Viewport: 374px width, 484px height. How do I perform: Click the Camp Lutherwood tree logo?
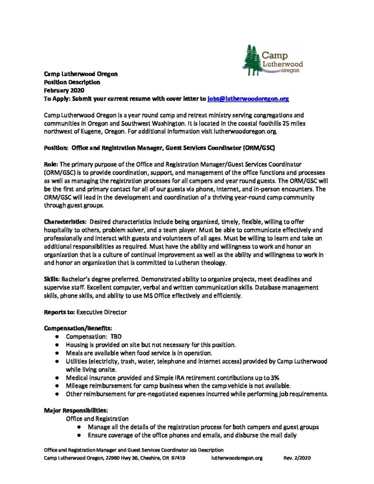coord(273,59)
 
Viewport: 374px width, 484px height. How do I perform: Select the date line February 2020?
coord(63,90)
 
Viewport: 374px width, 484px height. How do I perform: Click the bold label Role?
coord(52,163)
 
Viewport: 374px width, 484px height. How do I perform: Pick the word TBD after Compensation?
coord(116,337)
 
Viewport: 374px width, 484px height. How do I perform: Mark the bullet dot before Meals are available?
coord(57,353)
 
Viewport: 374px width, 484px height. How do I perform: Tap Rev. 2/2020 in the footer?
coord(296,458)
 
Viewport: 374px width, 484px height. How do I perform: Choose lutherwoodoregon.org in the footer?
coord(236,458)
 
